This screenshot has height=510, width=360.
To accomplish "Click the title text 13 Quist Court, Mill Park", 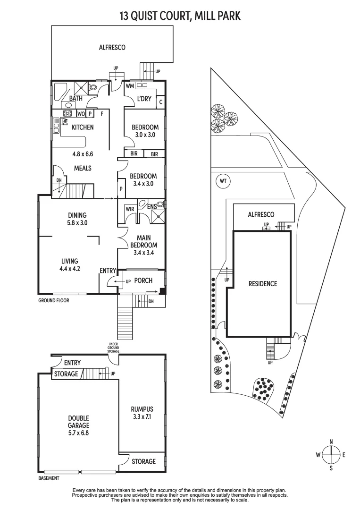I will [x=180, y=16].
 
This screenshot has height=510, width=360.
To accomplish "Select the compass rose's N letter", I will [x=331, y=442].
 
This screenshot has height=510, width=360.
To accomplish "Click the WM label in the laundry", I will [x=130, y=86].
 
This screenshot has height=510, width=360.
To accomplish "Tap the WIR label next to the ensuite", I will [x=130, y=209].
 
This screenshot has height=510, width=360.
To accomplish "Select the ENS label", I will [x=151, y=206].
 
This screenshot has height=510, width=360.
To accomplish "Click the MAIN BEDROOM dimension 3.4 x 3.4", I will [x=143, y=252].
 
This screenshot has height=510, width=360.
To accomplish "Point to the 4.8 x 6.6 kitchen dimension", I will [x=83, y=154].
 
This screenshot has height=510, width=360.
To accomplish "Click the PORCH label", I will [x=143, y=280].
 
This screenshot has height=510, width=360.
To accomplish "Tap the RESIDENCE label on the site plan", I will [x=263, y=284].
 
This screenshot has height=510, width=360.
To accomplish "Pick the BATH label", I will [x=76, y=99].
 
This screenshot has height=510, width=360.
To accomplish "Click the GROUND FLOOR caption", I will [x=54, y=300].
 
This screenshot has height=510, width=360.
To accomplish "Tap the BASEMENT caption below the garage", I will [x=49, y=478].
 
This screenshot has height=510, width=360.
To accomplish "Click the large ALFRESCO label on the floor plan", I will [x=112, y=47].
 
